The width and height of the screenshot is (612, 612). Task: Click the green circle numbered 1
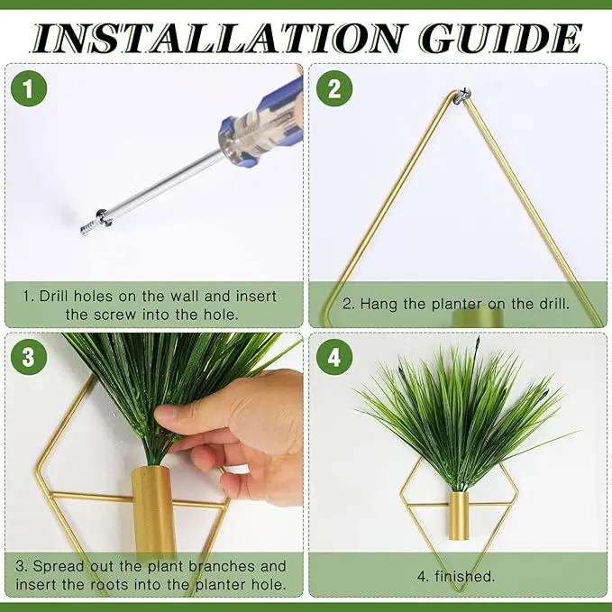29,88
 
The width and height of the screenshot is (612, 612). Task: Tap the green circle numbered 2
334,88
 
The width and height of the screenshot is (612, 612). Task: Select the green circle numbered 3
29,357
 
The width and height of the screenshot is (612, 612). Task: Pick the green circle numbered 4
334,357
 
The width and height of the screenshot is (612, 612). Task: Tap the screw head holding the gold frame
464,95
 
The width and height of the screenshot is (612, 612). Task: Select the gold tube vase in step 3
152,512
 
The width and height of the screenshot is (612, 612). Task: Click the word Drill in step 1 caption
54,296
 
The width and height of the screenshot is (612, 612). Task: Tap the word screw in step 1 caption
116,315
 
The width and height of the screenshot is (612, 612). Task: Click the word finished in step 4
464,576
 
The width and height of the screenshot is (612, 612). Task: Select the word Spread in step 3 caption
59,566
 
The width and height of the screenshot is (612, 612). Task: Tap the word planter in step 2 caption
457,304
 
